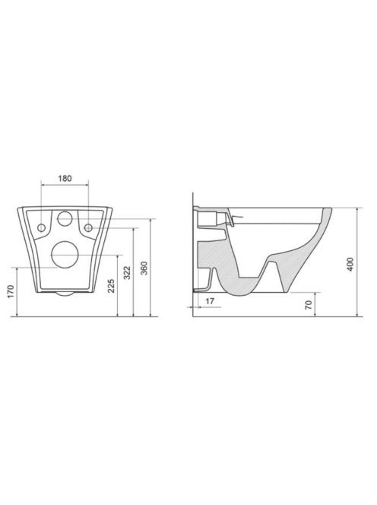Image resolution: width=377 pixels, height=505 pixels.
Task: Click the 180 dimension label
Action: coord(65,178)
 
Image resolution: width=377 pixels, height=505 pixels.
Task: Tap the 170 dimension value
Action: coord(11,291)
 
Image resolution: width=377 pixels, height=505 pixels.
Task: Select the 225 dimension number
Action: coord(111,286)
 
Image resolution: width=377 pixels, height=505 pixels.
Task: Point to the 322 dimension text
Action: coord(128,272)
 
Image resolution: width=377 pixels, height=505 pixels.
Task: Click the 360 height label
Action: coord(144,268)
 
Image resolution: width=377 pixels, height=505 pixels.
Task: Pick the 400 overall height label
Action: coord(351,264)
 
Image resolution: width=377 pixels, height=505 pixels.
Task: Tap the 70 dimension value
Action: coord(309,304)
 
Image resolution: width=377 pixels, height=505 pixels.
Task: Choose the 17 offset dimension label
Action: coord(210,301)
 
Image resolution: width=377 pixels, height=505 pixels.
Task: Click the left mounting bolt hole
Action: coord(41,227)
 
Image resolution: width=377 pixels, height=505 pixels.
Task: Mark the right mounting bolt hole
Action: coord(88,227)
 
